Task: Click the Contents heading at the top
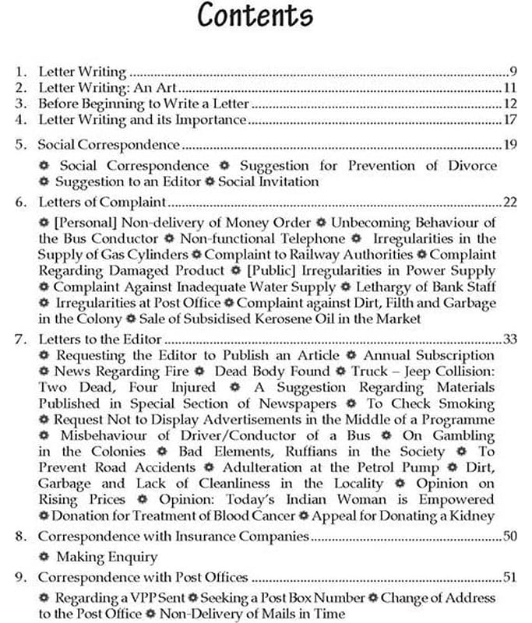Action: click(255, 16)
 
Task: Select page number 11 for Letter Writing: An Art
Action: click(511, 87)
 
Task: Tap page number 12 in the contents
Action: click(511, 104)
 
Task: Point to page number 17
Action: click(511, 120)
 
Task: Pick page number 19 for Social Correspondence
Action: click(511, 145)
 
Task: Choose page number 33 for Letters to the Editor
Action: click(511, 339)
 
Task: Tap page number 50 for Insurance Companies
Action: click(511, 537)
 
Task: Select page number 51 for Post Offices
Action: click(511, 578)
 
